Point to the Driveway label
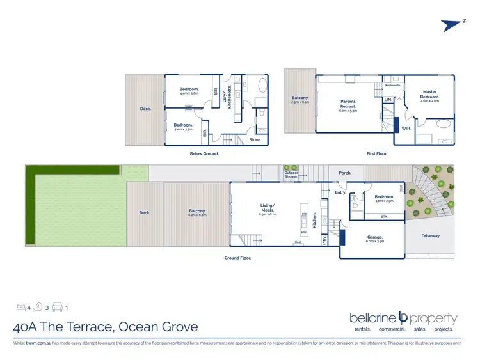click(x=431, y=236)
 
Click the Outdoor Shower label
click(x=291, y=174)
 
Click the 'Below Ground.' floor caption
click(x=205, y=153)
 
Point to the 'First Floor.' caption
click(x=377, y=153)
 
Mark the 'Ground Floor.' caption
click(x=237, y=258)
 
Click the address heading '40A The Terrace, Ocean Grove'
click(x=106, y=327)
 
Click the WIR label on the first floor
click(x=406, y=128)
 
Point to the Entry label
click(x=340, y=192)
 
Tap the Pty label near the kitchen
click(x=325, y=240)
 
